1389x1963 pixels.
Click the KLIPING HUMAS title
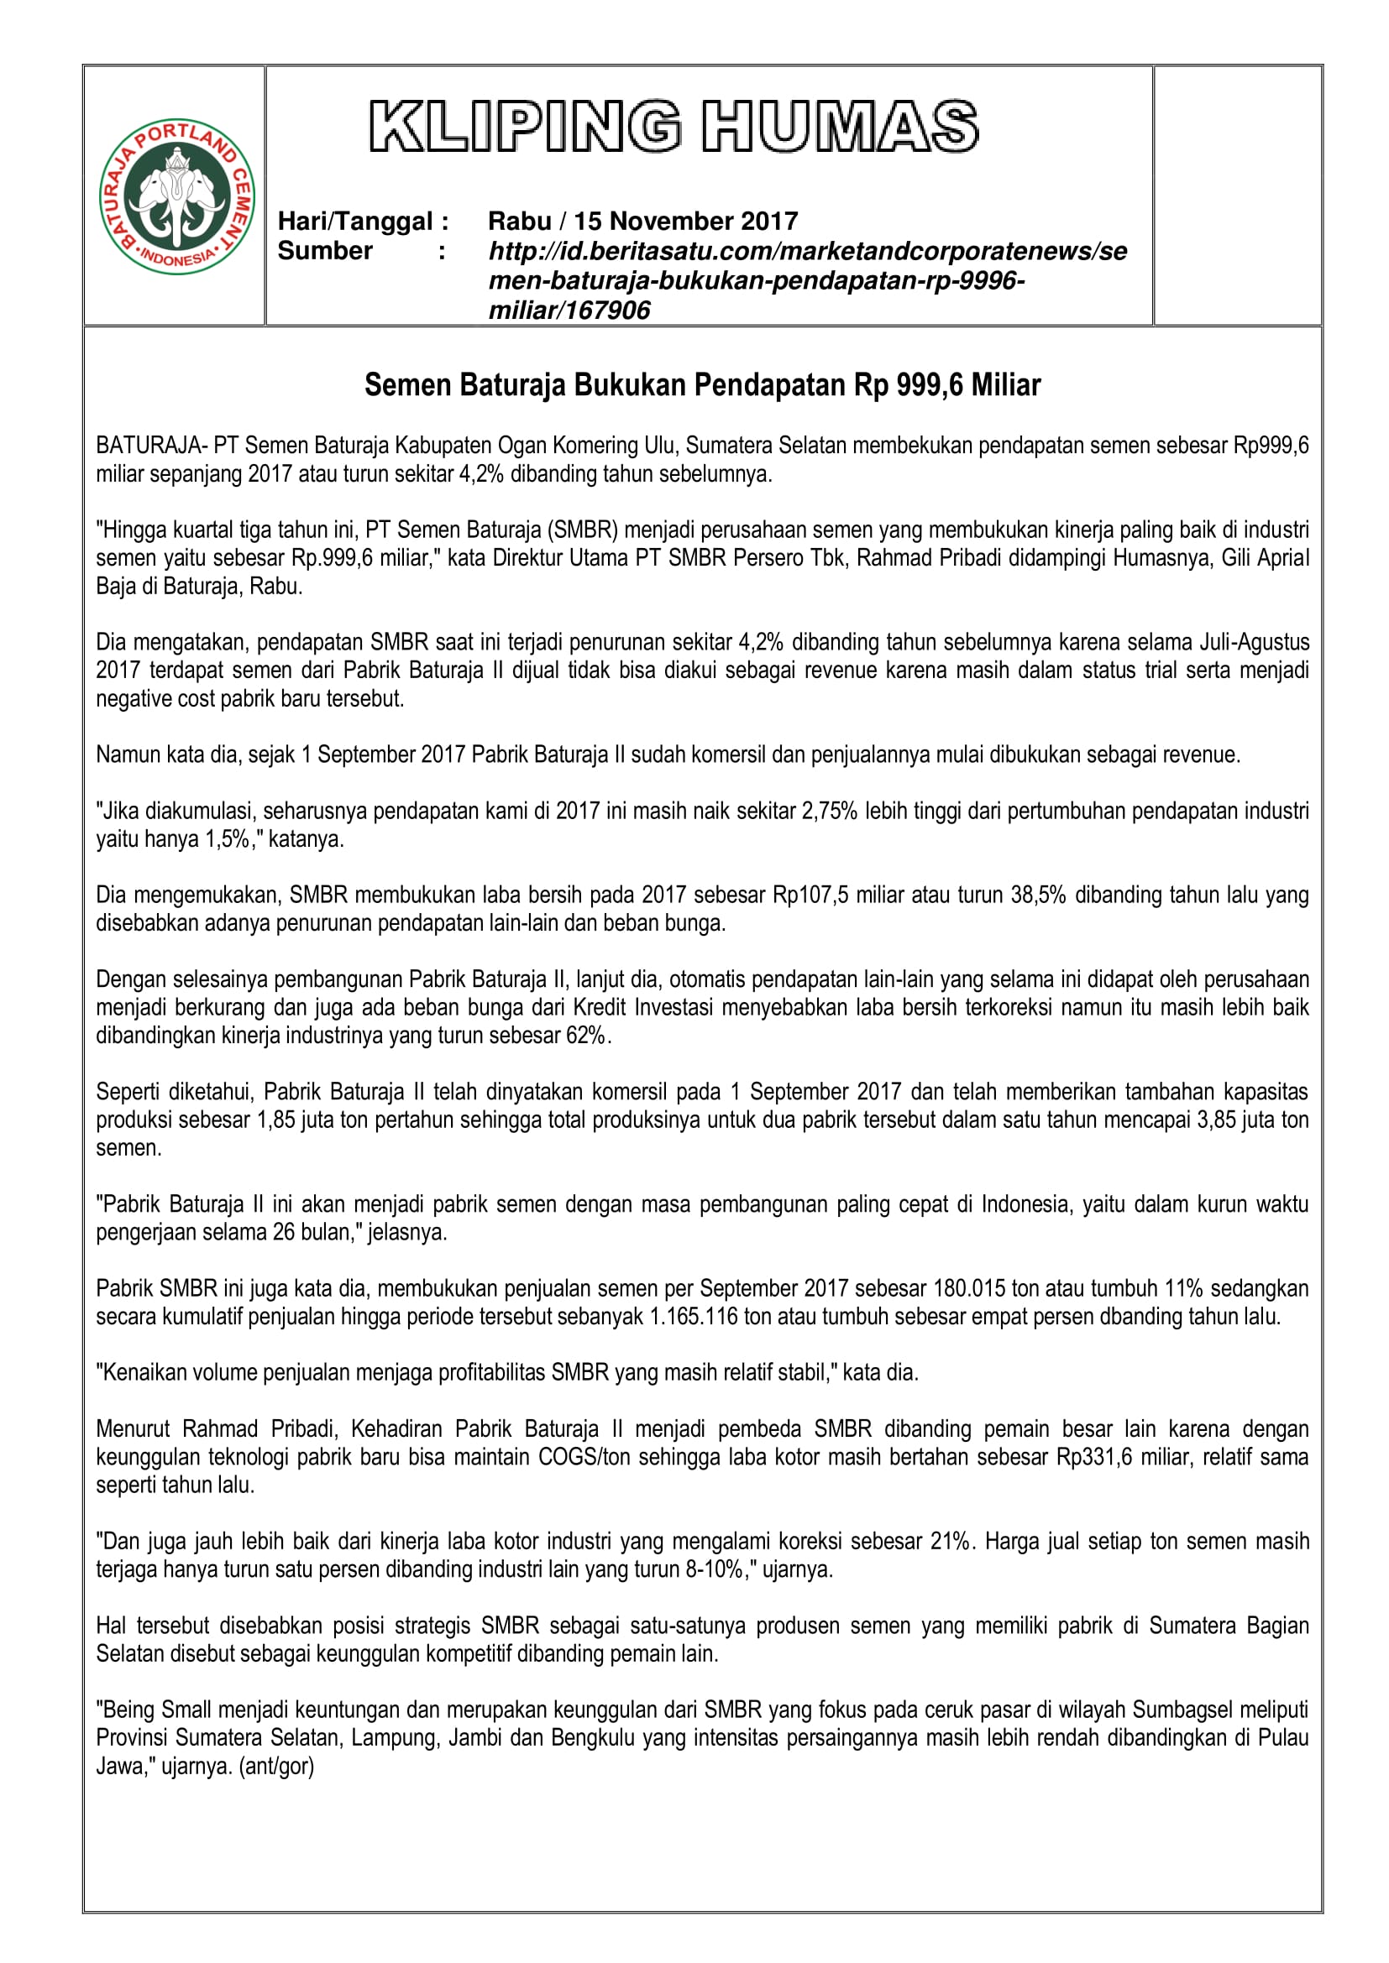coord(674,127)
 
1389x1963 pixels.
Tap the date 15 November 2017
coord(685,222)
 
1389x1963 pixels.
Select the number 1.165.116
coord(693,1317)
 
